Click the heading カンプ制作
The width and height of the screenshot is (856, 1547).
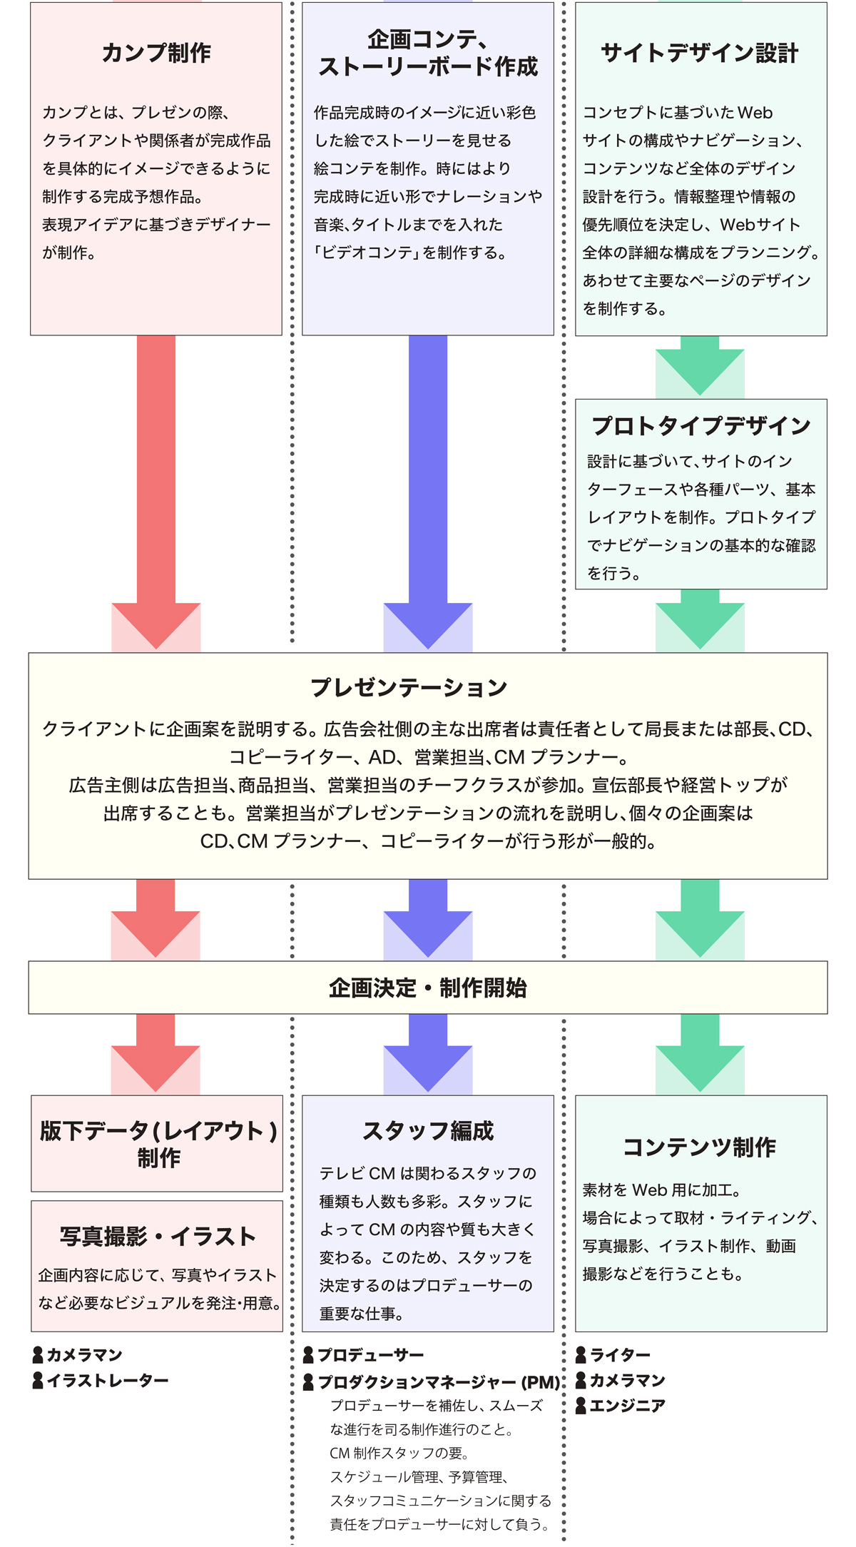tap(156, 53)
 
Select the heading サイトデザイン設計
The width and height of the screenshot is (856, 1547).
tap(700, 53)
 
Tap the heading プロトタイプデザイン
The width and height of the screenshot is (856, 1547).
tap(701, 426)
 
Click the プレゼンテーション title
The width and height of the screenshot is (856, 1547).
tap(409, 687)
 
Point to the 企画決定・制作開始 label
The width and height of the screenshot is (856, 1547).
tap(428, 988)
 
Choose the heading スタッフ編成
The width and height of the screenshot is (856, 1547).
tap(428, 1131)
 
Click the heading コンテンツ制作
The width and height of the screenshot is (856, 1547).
tap(700, 1147)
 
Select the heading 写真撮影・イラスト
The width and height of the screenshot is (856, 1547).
tap(158, 1237)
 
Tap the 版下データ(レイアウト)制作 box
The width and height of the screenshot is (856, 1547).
tap(158, 1144)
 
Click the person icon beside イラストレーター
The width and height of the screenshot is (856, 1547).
tap(39, 1381)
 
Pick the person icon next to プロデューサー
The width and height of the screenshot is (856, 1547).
tap(309, 1354)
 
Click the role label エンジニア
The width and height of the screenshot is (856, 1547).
tap(627, 1406)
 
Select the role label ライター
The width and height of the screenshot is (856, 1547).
tap(620, 1354)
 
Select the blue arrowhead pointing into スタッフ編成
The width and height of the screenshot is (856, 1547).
tap(428, 1066)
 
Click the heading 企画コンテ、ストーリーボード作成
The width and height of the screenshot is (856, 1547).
tap(428, 53)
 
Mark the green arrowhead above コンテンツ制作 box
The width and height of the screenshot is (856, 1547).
tap(700, 1066)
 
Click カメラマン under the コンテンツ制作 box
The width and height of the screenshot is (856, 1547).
tap(627, 1380)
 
